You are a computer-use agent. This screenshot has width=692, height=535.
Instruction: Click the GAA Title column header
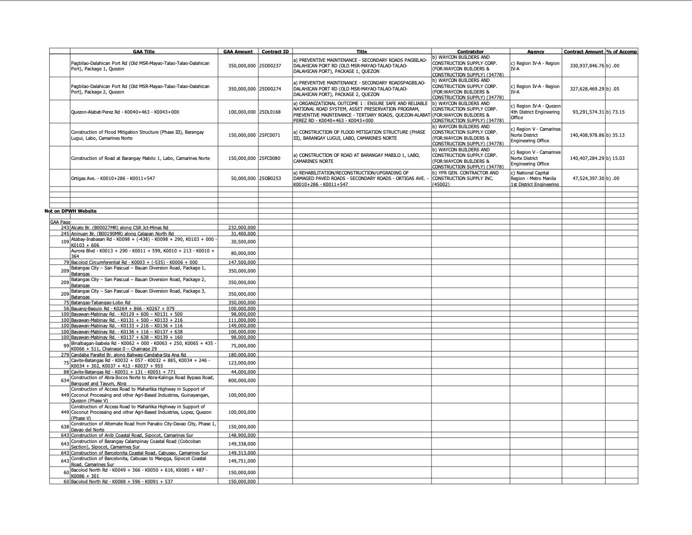(143, 51)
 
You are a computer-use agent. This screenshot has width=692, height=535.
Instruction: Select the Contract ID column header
(275, 51)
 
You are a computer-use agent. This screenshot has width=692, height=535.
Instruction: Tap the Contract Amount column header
(583, 51)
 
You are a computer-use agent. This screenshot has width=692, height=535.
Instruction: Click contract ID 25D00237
(270, 66)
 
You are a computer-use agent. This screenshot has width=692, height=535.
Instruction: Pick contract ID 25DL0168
(270, 112)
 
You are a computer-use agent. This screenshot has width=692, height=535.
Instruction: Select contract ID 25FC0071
(270, 135)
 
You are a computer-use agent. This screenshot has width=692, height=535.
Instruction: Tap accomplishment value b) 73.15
(616, 112)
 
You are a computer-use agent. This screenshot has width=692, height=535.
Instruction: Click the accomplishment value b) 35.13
(616, 135)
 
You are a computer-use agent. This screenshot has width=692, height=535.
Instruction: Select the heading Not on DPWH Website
(70, 211)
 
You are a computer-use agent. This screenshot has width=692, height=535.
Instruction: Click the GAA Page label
(60, 222)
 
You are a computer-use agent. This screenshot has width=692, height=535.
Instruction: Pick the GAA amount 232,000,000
(242, 228)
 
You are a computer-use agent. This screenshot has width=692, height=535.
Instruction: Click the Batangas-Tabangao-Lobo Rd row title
(101, 303)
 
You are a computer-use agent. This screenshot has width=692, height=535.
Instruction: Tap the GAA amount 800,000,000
(242, 381)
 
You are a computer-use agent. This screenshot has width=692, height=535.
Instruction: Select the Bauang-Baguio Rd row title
(123, 308)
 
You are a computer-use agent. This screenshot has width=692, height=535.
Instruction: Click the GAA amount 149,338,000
(242, 444)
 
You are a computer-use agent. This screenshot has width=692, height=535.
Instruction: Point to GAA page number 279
(65, 355)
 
